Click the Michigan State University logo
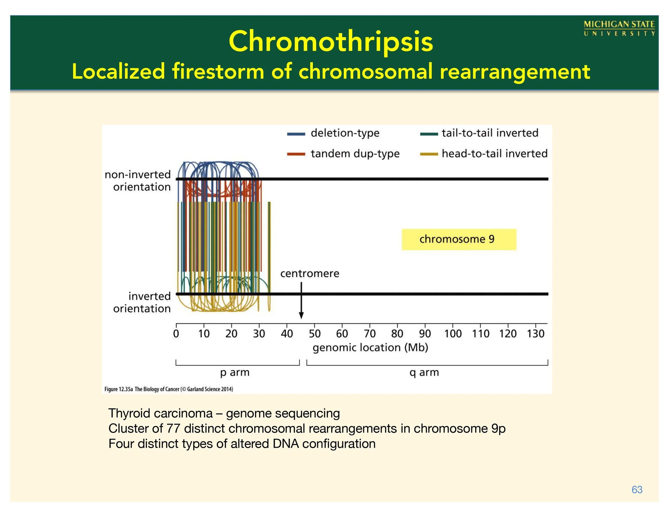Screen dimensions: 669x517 coord(619,28)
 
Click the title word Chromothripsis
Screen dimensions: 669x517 coord(331,42)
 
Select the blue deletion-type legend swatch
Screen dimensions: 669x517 coord(296,134)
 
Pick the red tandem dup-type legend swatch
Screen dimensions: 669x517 coord(296,154)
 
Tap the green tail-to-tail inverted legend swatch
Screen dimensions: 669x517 coord(429,134)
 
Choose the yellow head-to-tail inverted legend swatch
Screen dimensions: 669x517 coord(429,154)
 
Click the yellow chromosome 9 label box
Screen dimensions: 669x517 coord(459,239)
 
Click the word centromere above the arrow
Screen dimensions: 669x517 coord(310,273)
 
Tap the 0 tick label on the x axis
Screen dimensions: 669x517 coord(176,333)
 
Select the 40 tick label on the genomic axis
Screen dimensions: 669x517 coord(287,333)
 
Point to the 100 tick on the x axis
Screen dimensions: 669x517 coord(453,333)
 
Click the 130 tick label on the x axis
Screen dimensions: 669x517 coord(535,333)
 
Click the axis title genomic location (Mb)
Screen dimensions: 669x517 coord(370,348)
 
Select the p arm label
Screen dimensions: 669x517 coord(235,373)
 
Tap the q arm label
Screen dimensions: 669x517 coord(424,373)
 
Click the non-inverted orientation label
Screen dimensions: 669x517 coord(138,181)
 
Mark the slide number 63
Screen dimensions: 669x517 coord(637,490)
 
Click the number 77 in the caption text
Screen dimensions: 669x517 coord(173,428)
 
